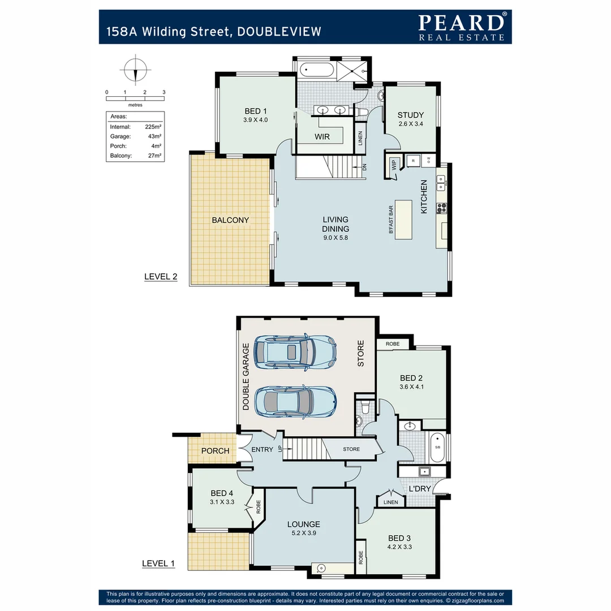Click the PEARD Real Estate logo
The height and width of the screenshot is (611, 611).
[x=461, y=26]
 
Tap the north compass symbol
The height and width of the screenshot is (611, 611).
[x=135, y=70]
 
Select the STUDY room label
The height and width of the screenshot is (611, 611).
[x=410, y=115]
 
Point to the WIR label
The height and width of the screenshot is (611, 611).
[x=322, y=136]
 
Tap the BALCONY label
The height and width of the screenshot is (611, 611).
[x=230, y=220]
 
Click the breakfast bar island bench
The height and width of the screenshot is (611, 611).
[x=404, y=220]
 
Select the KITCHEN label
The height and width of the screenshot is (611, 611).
[x=424, y=197]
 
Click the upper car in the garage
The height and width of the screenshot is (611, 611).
[x=295, y=351]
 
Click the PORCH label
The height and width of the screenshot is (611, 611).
[x=216, y=451]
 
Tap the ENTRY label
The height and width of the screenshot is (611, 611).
[x=262, y=450]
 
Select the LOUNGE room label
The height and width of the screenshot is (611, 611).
[x=303, y=524]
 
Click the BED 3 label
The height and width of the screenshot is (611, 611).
[x=397, y=538]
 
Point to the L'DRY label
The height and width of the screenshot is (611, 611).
[x=420, y=488]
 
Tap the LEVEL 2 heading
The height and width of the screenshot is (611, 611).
[x=161, y=277]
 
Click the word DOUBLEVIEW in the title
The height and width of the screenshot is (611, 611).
[x=279, y=32]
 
